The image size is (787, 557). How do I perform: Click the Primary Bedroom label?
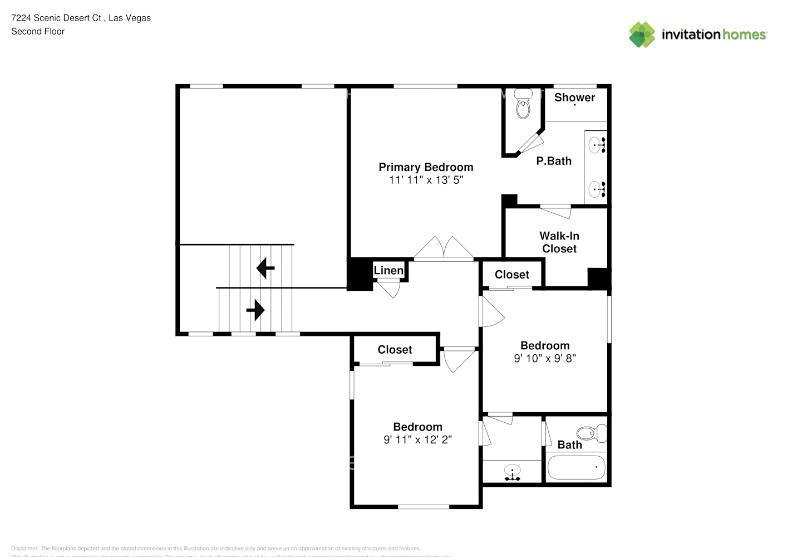pos(426,167)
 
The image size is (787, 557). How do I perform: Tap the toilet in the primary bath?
pos(523,105)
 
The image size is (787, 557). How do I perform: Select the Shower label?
pos(574,97)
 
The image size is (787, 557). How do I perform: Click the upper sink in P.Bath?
pos(597,145)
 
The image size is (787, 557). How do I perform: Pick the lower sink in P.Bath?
pos(597,189)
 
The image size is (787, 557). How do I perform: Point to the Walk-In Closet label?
pos(559,242)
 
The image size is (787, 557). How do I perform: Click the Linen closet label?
pos(388,271)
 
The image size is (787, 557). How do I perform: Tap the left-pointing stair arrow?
pos(265,268)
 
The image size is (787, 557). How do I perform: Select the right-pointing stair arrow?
pos(255,309)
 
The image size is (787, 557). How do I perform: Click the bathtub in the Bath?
pos(576,468)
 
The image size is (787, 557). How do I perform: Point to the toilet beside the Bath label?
pos(591,433)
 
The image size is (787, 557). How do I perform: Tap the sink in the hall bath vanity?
pos(512,471)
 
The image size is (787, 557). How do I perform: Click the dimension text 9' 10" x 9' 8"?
pos(545,359)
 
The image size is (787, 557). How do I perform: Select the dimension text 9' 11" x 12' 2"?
pos(417,439)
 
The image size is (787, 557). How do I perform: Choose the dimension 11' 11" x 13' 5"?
pos(426,180)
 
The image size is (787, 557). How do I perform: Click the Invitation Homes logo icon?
pos(642,35)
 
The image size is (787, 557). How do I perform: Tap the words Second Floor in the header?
pos(38,32)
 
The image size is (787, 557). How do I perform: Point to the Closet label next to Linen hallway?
pos(512,275)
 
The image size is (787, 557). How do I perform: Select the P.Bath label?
pos(554,161)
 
